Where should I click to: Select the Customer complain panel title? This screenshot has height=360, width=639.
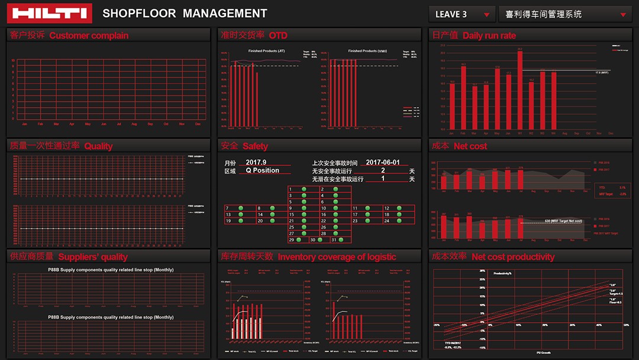pyautogui.click(x=89, y=36)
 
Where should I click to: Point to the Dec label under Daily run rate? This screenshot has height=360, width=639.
pyautogui.click(x=611, y=133)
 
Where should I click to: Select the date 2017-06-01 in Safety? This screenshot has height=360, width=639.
pyautogui.click(x=383, y=162)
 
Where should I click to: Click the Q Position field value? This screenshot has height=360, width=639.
pyautogui.click(x=262, y=171)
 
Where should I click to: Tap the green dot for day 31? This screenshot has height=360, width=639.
pyautogui.click(x=341, y=240)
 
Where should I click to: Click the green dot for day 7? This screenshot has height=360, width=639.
pyautogui.click(x=241, y=208)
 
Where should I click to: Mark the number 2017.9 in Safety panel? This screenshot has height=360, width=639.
pyautogui.click(x=256, y=162)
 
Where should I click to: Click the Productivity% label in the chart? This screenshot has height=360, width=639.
pyautogui.click(x=502, y=274)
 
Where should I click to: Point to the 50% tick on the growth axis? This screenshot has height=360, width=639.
pyautogui.click(x=626, y=325)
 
